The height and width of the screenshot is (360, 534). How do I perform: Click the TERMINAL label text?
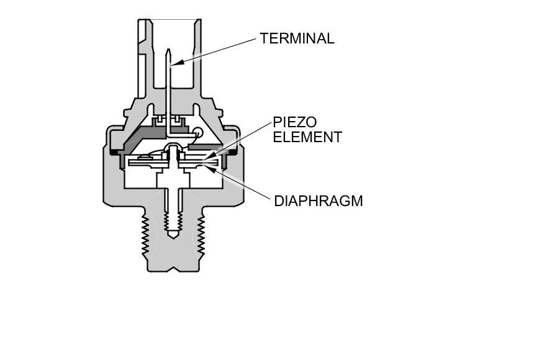297,38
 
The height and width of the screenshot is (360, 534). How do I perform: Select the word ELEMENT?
307,137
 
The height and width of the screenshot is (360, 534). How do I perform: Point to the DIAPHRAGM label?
318,201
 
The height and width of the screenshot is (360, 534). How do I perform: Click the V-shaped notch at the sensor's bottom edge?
173,269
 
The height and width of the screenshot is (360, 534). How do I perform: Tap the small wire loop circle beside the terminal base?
197,131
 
